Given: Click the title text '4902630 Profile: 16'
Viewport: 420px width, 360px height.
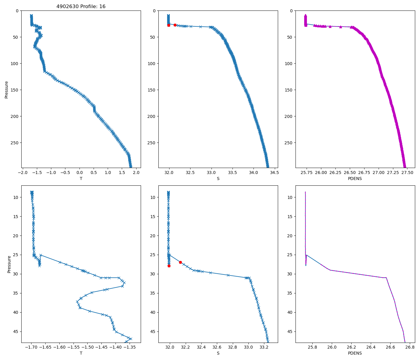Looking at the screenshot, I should point(81,7).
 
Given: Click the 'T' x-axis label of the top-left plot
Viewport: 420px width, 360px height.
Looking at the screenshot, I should point(81,178).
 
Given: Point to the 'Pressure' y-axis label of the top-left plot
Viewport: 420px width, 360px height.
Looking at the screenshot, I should point(7,89).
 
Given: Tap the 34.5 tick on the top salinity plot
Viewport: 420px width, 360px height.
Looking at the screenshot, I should point(274,172).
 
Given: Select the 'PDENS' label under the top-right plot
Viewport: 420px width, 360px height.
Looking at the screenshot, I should point(355,178).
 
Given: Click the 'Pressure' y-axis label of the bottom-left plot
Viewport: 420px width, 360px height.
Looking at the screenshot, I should point(9,264).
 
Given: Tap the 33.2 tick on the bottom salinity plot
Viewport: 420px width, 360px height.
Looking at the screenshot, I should point(264,347).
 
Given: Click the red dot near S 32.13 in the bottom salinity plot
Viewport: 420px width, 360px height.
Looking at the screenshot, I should point(180,262).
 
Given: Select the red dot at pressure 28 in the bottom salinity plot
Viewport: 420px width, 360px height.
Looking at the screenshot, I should point(169,266).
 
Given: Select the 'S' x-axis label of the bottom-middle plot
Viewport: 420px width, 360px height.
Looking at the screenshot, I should point(218,353).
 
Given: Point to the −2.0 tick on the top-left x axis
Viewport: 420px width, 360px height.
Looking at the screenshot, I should point(22,172).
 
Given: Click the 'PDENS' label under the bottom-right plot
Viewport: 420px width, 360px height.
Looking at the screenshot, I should point(355,353).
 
